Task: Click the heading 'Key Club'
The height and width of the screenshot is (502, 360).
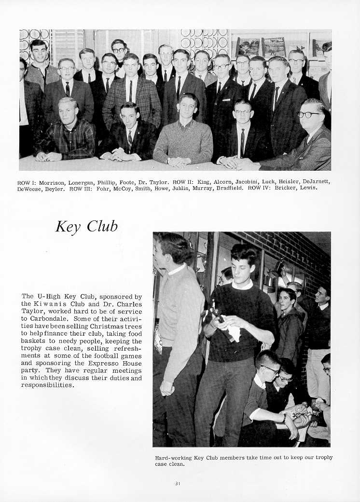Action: (x=86, y=226)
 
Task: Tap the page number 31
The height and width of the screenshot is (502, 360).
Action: (x=178, y=483)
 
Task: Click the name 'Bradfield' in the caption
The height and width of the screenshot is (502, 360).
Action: (x=228, y=189)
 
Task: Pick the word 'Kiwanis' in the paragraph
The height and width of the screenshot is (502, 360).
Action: (x=48, y=304)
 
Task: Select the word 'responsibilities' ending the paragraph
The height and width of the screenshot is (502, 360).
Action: (x=47, y=385)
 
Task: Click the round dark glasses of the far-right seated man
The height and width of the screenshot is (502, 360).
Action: (x=309, y=115)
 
